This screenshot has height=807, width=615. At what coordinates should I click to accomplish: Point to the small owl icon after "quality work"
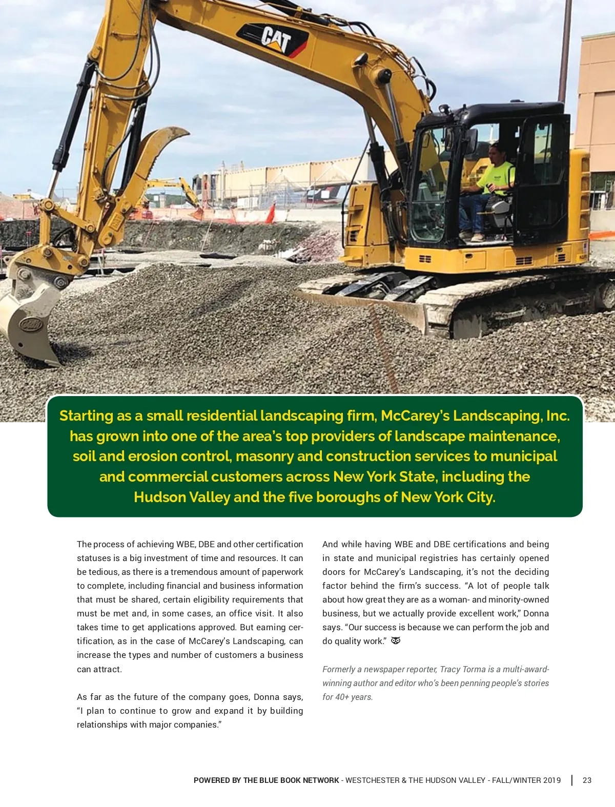point(396,641)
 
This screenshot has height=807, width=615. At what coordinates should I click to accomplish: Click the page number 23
point(587,780)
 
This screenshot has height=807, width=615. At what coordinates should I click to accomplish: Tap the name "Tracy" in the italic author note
point(450,669)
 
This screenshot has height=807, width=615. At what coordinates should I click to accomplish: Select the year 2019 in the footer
point(551,780)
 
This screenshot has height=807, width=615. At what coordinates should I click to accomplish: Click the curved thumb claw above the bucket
point(156,149)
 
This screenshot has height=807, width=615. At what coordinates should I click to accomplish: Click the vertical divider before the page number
point(572,780)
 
